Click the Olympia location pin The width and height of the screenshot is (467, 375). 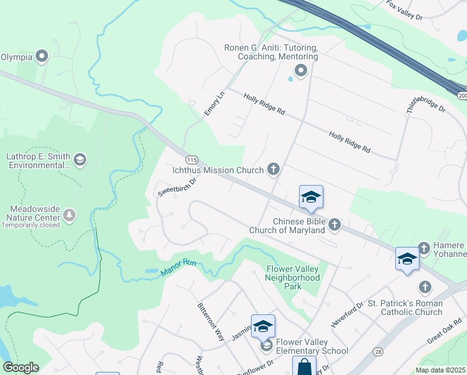(42, 57)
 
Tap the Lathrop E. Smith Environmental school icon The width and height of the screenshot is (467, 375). (79, 161)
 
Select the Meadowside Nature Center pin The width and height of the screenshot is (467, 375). (69, 216)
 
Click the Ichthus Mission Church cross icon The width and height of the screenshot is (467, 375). (273, 169)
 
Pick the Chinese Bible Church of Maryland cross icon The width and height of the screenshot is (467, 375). (335, 224)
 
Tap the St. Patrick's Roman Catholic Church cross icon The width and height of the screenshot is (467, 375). (425, 287)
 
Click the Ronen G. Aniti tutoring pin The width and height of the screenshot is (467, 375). (301, 71)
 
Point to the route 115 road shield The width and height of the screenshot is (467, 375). (192, 160)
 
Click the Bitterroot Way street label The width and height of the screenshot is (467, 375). (210, 322)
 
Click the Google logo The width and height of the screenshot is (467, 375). (21, 367)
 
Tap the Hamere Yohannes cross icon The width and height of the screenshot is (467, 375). (425, 247)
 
